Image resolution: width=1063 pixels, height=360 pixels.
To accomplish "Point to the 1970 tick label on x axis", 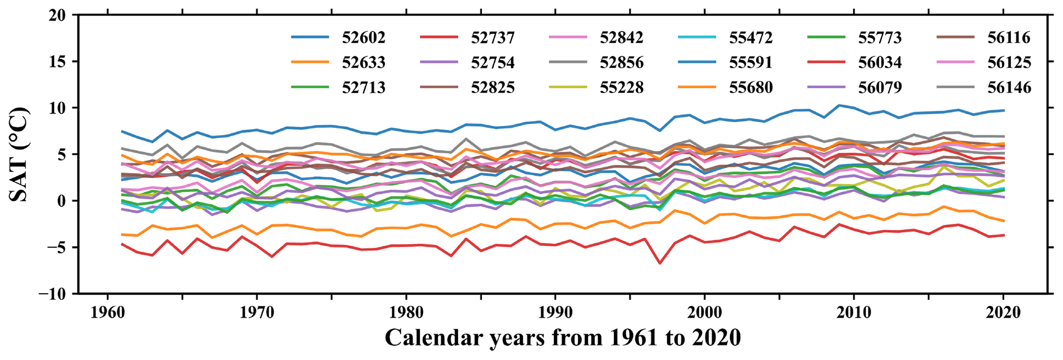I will tap(257, 313).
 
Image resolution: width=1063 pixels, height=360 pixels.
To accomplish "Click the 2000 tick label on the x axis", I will tap(705, 313).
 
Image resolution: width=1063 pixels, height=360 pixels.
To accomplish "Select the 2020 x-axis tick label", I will tap(1003, 313).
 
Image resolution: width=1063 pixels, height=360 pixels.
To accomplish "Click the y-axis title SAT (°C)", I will tap(19, 154).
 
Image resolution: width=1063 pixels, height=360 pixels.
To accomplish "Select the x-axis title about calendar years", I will tap(563, 338).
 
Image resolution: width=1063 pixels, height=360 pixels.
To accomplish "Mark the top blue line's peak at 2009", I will tap(839, 105).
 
